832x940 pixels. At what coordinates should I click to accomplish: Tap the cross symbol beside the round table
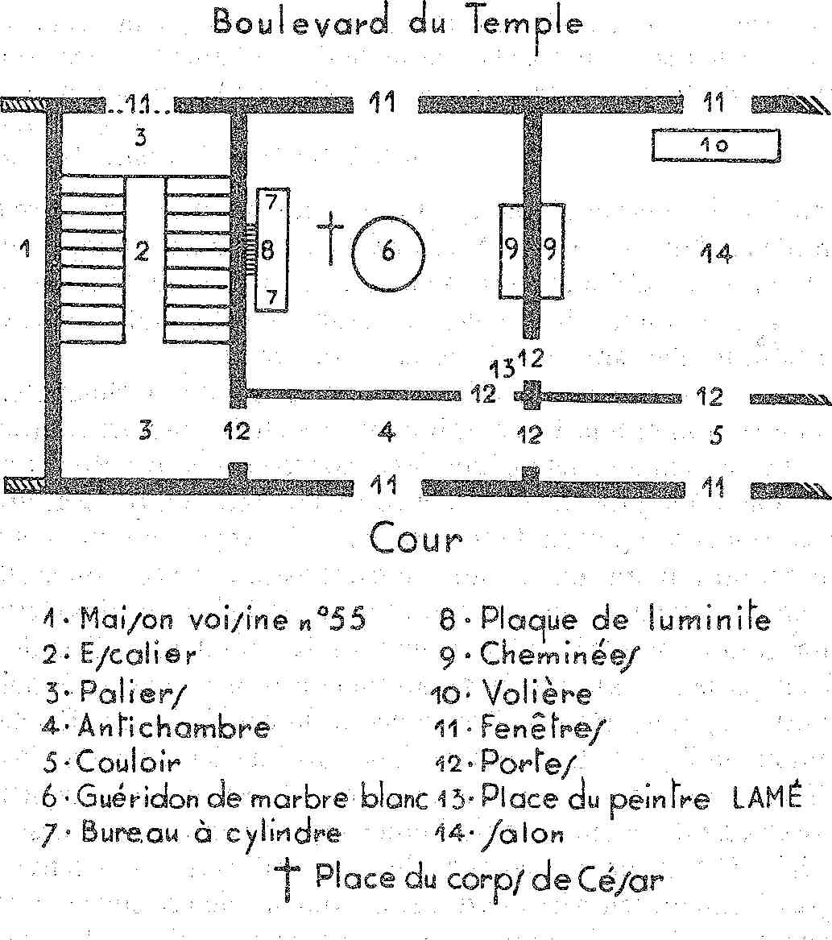tap(330, 238)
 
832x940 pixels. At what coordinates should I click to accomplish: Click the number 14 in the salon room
tap(716, 254)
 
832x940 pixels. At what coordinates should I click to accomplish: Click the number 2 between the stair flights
tap(142, 251)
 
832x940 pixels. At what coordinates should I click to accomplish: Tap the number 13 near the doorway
tap(503, 369)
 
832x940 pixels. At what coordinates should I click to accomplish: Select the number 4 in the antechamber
tap(387, 431)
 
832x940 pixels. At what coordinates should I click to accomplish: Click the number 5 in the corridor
tap(716, 435)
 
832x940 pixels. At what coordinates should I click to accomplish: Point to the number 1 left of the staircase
tap(25, 247)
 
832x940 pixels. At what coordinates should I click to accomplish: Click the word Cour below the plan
tap(416, 538)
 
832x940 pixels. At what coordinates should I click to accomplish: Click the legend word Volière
tap(537, 693)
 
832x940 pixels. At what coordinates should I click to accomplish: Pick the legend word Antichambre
tap(174, 727)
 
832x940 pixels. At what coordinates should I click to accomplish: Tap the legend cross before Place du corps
tap(287, 879)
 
